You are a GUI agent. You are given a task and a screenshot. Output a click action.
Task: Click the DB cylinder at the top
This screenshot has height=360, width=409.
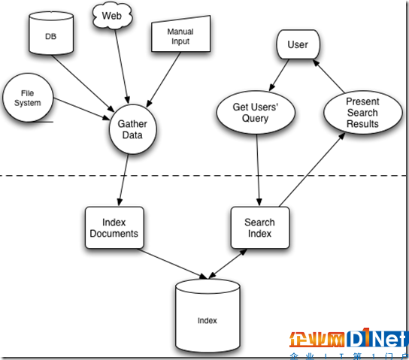click(x=51, y=33)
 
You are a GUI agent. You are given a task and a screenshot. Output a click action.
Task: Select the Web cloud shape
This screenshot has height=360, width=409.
click(x=112, y=15)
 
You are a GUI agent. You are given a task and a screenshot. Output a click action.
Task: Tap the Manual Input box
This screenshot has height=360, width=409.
click(x=180, y=34)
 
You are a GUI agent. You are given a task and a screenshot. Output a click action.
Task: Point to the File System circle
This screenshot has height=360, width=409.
click(x=28, y=98)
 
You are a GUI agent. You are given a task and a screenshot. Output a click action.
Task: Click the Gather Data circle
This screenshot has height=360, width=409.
click(x=133, y=129)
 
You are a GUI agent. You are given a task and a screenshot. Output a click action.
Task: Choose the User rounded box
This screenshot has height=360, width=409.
click(x=298, y=44)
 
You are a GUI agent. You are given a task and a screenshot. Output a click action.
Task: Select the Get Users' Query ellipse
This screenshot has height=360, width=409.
click(x=256, y=112)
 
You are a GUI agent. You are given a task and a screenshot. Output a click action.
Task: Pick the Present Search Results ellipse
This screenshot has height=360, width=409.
click(x=363, y=112)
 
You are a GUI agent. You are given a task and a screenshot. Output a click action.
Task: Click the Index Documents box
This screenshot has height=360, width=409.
click(x=114, y=228)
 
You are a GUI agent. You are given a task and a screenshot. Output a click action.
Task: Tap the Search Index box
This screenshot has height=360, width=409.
click(x=260, y=228)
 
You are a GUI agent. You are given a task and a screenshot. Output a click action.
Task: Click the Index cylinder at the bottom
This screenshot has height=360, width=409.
click(x=208, y=316)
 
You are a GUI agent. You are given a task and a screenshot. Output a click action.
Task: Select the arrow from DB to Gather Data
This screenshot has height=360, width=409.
click(x=83, y=84)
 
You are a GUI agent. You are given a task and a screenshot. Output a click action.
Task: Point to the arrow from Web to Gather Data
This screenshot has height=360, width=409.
click(x=122, y=66)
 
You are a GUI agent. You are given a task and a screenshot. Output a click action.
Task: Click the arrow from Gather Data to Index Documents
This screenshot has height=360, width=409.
click(x=123, y=180)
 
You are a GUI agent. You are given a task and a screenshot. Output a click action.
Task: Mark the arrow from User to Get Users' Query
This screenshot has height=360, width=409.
click(x=279, y=75)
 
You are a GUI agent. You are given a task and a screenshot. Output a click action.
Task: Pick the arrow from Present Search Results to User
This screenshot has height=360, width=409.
click(x=329, y=76)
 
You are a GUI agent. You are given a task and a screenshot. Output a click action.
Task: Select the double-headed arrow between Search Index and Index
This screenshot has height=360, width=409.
click(x=228, y=264)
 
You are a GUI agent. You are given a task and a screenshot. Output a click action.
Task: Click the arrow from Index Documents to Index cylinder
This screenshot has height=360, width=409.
click(x=173, y=264)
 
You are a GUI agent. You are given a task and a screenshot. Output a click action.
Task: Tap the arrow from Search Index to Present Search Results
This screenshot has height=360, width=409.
click(x=312, y=170)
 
